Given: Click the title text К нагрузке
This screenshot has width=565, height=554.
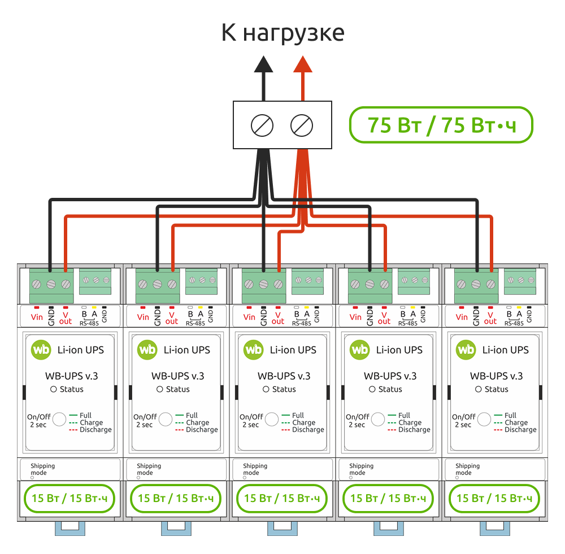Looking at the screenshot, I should coord(282,33).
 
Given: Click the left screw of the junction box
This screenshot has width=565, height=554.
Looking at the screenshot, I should coord(263,125).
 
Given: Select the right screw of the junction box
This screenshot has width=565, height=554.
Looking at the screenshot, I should coord(302,125).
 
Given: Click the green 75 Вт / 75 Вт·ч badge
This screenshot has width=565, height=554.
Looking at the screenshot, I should coord(441,125).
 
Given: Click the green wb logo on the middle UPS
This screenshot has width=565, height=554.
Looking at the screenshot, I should coord(254,350).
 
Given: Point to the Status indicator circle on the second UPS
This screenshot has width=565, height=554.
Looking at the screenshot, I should coord(160,389).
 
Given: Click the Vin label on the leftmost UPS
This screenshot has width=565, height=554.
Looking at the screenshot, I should coord(37,317).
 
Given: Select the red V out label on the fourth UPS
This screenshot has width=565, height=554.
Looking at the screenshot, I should coord(384,318).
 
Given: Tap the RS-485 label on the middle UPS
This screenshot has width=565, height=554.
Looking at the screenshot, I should coord(302,323).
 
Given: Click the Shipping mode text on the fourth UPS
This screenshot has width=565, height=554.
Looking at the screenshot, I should coord(362,469).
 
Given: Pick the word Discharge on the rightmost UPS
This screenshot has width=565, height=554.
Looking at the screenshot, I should coord(520,430).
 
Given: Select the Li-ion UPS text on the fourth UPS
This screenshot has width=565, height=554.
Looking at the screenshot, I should coord(399,350).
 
